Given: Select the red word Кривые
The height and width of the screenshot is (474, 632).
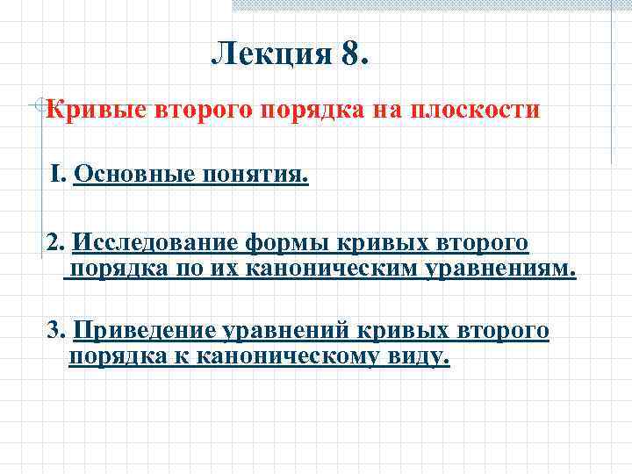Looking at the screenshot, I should pos(97,111).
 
